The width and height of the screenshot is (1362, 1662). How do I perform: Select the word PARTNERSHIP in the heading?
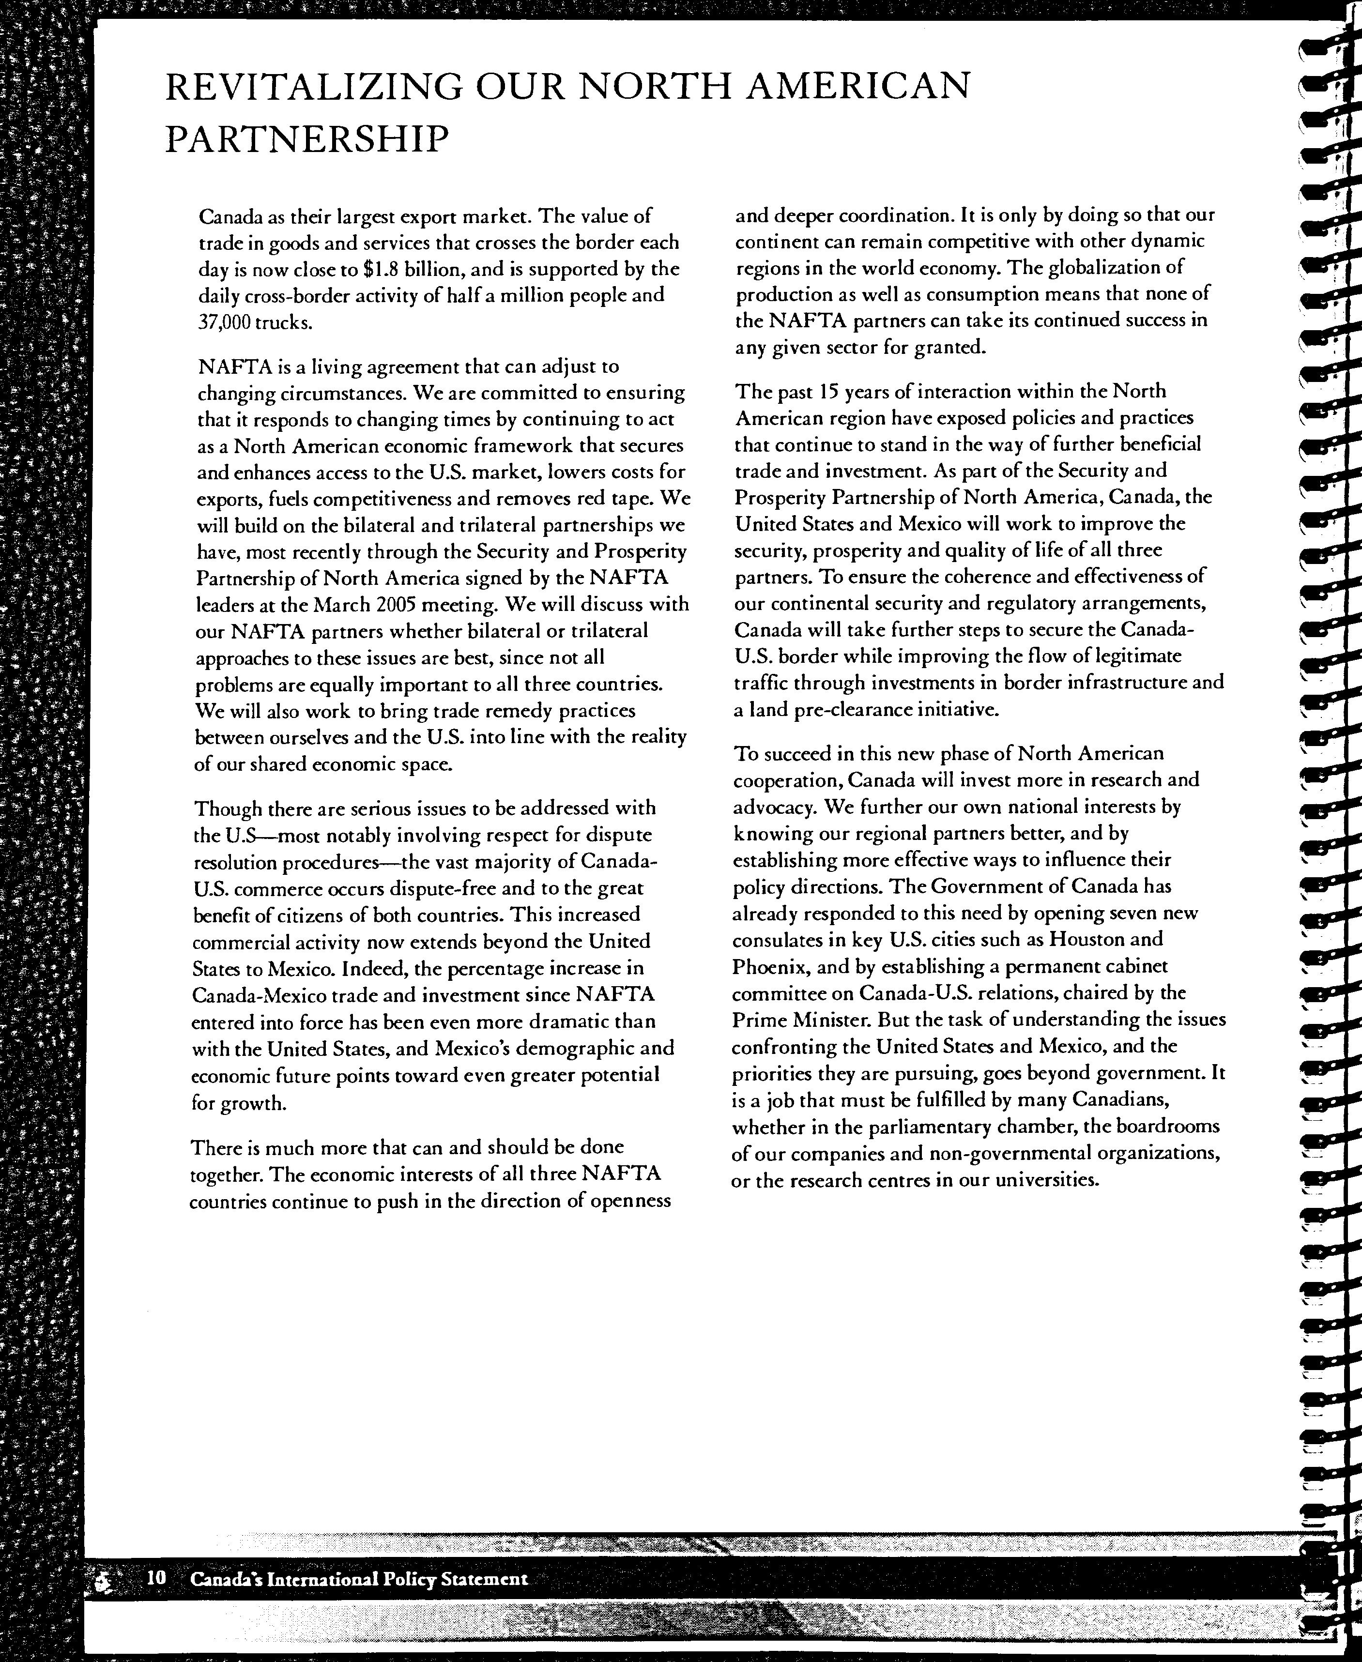pyautogui.click(x=307, y=139)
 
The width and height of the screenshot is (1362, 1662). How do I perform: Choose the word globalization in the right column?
pyautogui.click(x=1107, y=267)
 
